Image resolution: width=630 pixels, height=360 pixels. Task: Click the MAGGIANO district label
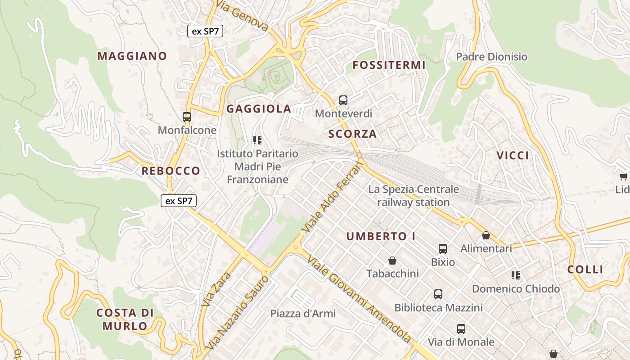tap(132, 56)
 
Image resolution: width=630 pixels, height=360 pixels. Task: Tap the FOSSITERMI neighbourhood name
tap(389, 65)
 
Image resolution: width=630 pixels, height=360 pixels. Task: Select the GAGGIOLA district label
tap(259, 109)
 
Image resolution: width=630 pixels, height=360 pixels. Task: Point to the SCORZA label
tap(352, 134)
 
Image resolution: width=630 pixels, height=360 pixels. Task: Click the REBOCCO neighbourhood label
tap(171, 171)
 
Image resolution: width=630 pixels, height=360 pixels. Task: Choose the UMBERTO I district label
tap(381, 236)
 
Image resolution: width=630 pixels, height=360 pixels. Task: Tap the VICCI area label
tap(513, 156)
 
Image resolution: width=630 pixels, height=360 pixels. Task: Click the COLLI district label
tap(585, 270)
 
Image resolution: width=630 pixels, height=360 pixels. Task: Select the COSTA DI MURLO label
tap(125, 319)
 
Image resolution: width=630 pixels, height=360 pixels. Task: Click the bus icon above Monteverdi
tap(343, 100)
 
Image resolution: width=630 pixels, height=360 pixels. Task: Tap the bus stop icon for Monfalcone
tap(187, 117)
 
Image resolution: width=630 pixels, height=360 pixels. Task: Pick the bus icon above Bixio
tap(443, 248)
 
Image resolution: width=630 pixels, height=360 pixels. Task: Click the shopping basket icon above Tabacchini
tap(392, 261)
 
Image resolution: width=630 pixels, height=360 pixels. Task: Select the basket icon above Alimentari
tap(486, 235)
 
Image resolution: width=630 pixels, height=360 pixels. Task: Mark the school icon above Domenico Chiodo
tap(516, 275)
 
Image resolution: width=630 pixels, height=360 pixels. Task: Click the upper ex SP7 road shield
tap(205, 31)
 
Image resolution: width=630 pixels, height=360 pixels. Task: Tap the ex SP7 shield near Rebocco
tap(179, 201)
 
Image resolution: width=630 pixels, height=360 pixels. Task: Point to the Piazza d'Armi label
tap(303, 314)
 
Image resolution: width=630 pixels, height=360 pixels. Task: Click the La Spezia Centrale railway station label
tap(414, 196)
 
